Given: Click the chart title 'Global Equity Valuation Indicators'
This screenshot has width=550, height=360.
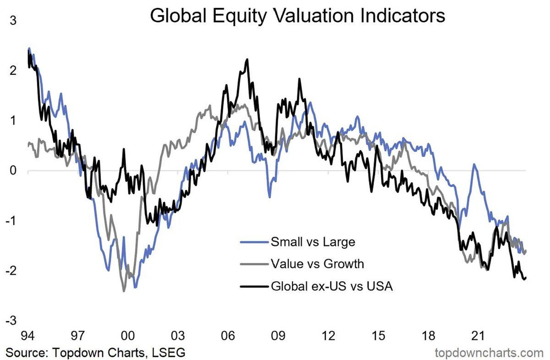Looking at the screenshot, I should (297, 16).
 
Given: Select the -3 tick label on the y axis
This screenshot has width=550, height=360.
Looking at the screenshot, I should (10, 320).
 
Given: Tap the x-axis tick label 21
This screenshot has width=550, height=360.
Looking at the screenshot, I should (478, 336).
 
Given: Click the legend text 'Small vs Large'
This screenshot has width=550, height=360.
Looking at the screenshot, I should (313, 241).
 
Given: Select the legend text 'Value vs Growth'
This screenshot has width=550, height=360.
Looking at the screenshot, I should (317, 264).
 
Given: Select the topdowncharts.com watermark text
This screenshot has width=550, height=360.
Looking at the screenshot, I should (488, 353).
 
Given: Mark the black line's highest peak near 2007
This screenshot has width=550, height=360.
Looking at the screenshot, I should (247, 59).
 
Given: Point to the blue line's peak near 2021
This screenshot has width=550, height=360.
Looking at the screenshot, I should (474, 165).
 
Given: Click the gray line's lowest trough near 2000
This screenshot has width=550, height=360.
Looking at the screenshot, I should (124, 291).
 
